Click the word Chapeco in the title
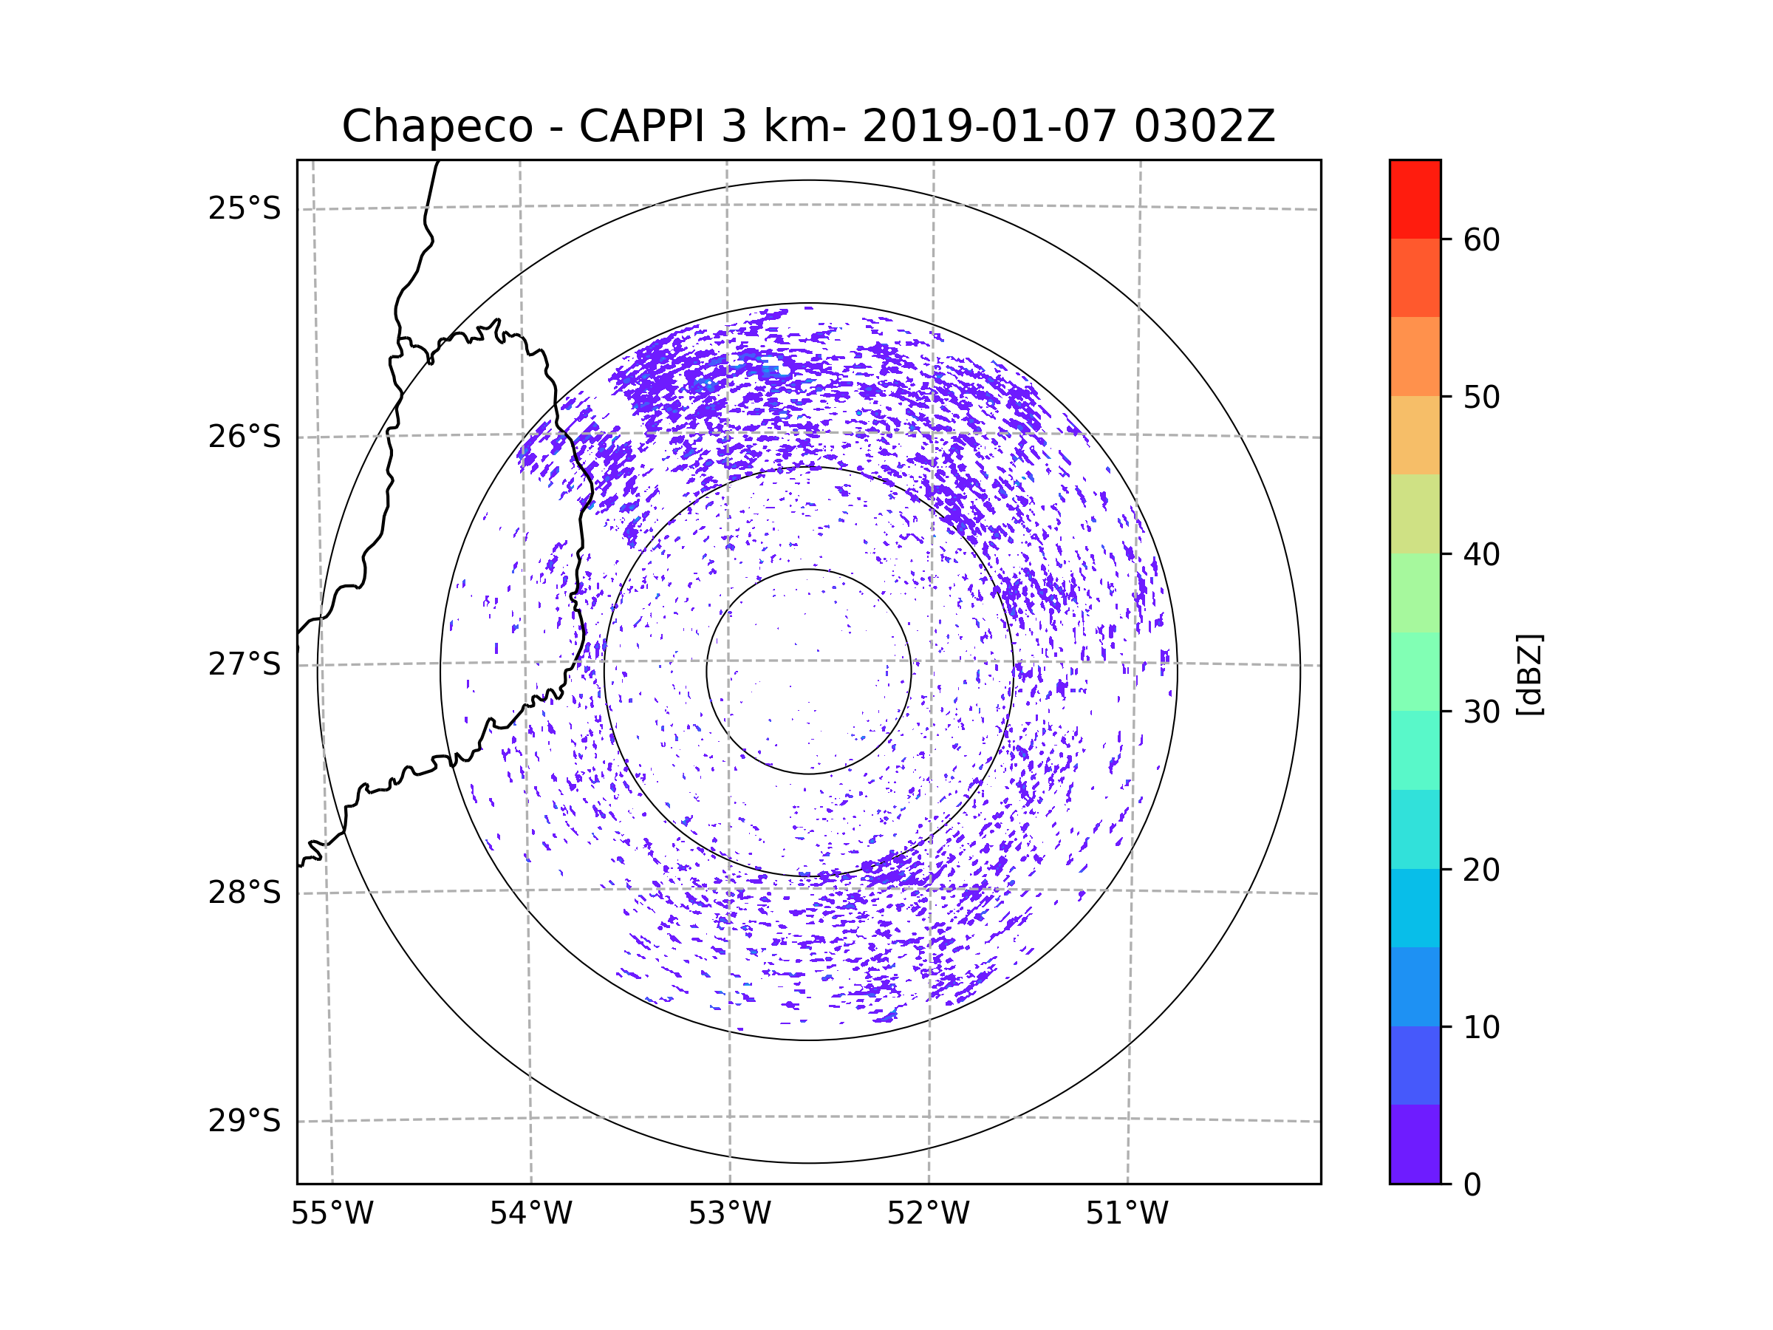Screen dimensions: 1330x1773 coord(437,126)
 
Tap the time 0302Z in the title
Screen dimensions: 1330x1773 coord(1204,126)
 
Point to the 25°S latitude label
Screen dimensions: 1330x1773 coord(245,208)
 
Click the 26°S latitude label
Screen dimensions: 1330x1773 coord(245,437)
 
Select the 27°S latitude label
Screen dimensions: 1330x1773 coord(245,664)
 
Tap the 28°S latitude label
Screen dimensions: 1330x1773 coord(245,893)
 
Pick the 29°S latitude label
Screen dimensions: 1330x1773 coord(245,1121)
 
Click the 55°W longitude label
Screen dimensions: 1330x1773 coord(332,1214)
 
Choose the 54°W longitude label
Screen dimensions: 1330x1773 coord(530,1214)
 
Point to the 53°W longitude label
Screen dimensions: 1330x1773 coord(729,1214)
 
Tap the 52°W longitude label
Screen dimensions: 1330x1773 coord(928,1214)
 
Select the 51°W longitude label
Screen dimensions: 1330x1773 coord(1127,1214)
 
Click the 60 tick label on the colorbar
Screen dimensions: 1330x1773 coord(1481,239)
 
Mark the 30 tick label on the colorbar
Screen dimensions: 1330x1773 coord(1481,712)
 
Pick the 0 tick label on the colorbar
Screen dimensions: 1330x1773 coord(1472,1185)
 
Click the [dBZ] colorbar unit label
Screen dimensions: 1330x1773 coord(1528,674)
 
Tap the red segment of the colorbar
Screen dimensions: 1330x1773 coord(1415,199)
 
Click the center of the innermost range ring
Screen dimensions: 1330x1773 coord(809,672)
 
